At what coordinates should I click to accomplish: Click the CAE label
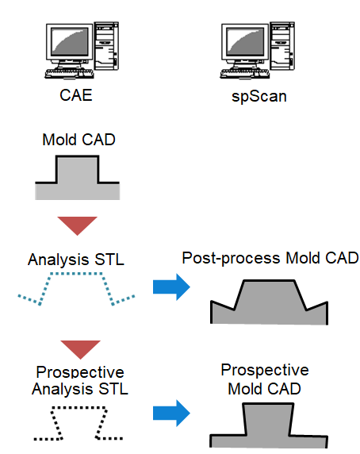click(x=76, y=95)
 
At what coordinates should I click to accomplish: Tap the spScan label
click(x=259, y=96)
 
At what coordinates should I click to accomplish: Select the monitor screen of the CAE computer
click(x=70, y=41)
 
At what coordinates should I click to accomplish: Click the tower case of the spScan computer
click(x=282, y=46)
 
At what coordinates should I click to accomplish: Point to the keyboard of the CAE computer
click(x=69, y=74)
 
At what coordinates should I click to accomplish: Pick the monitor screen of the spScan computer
click(x=245, y=41)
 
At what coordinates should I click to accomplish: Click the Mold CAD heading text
click(x=79, y=140)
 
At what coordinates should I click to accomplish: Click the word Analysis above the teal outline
click(x=58, y=260)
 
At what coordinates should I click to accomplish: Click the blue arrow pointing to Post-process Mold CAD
click(x=171, y=287)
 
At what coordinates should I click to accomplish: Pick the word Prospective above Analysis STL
click(x=80, y=372)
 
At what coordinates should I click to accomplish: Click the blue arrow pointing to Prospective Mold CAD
click(x=171, y=414)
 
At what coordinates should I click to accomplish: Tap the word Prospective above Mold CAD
click(x=265, y=370)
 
